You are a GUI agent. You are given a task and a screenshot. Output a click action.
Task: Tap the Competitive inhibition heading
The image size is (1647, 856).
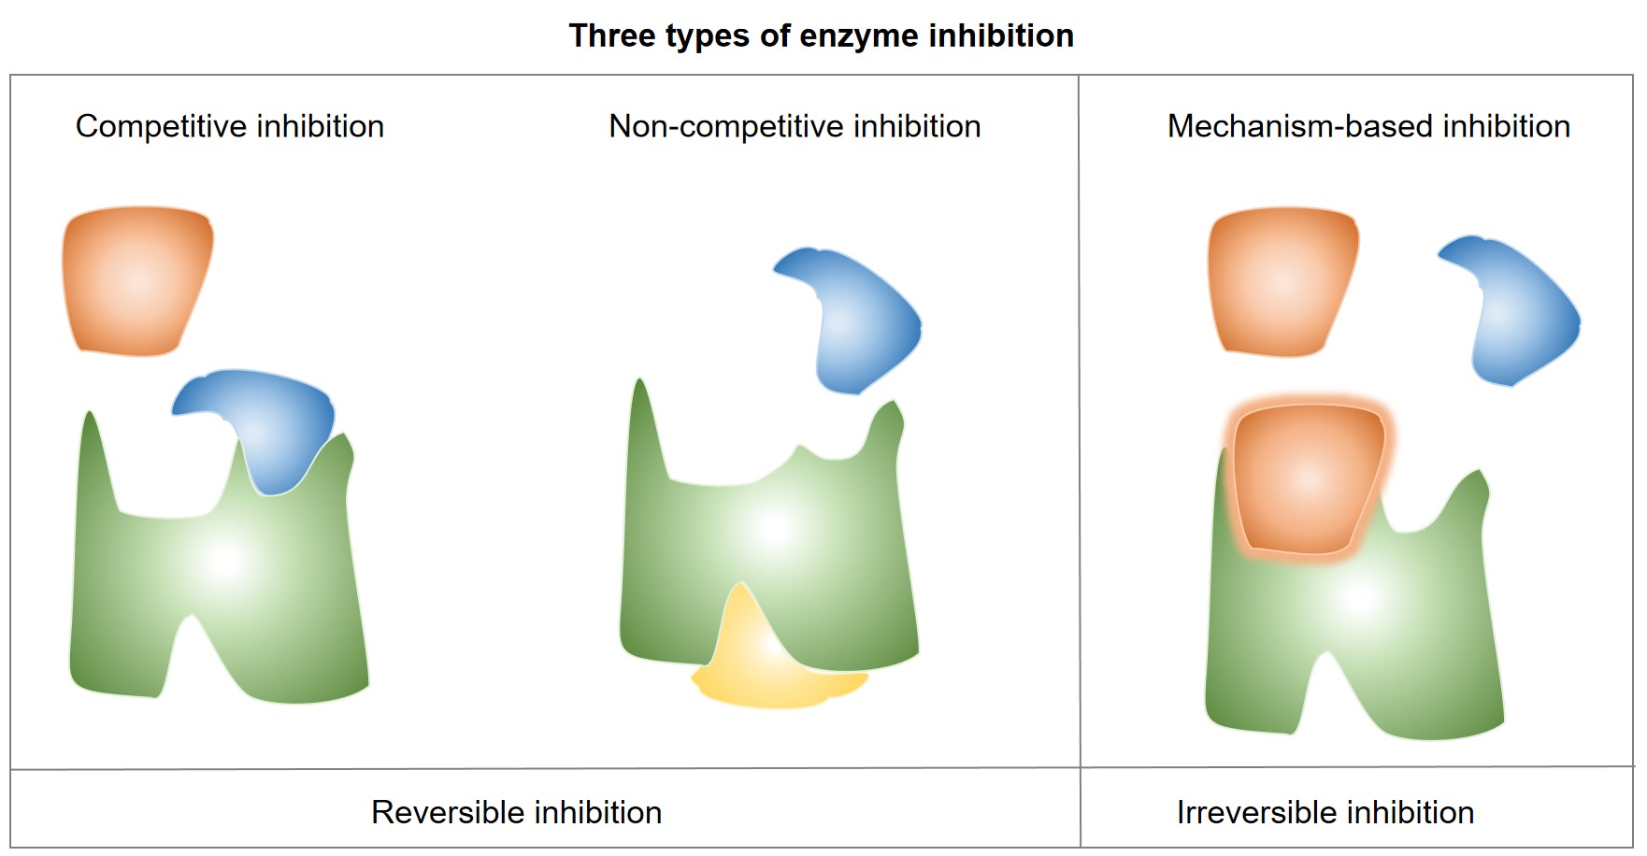tap(230, 126)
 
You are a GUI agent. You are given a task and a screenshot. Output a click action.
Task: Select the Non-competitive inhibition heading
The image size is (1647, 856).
tap(795, 126)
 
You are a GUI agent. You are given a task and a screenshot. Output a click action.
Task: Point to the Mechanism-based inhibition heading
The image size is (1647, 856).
tap(1368, 126)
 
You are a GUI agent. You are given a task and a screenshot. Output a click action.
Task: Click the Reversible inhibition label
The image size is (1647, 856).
tap(516, 812)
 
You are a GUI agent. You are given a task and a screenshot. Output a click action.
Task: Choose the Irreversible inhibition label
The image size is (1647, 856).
tap(1325, 812)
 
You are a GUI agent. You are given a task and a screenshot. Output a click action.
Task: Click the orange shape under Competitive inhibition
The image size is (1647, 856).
tap(136, 280)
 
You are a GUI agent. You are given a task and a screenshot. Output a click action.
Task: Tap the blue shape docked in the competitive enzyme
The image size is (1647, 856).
tap(271, 421)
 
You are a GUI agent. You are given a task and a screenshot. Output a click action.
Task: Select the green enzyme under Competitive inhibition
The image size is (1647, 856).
tap(224, 579)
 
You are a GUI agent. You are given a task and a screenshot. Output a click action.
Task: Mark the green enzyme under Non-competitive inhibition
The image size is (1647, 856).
tap(776, 542)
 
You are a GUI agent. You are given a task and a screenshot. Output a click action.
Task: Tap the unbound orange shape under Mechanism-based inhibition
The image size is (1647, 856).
tap(1282, 280)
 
